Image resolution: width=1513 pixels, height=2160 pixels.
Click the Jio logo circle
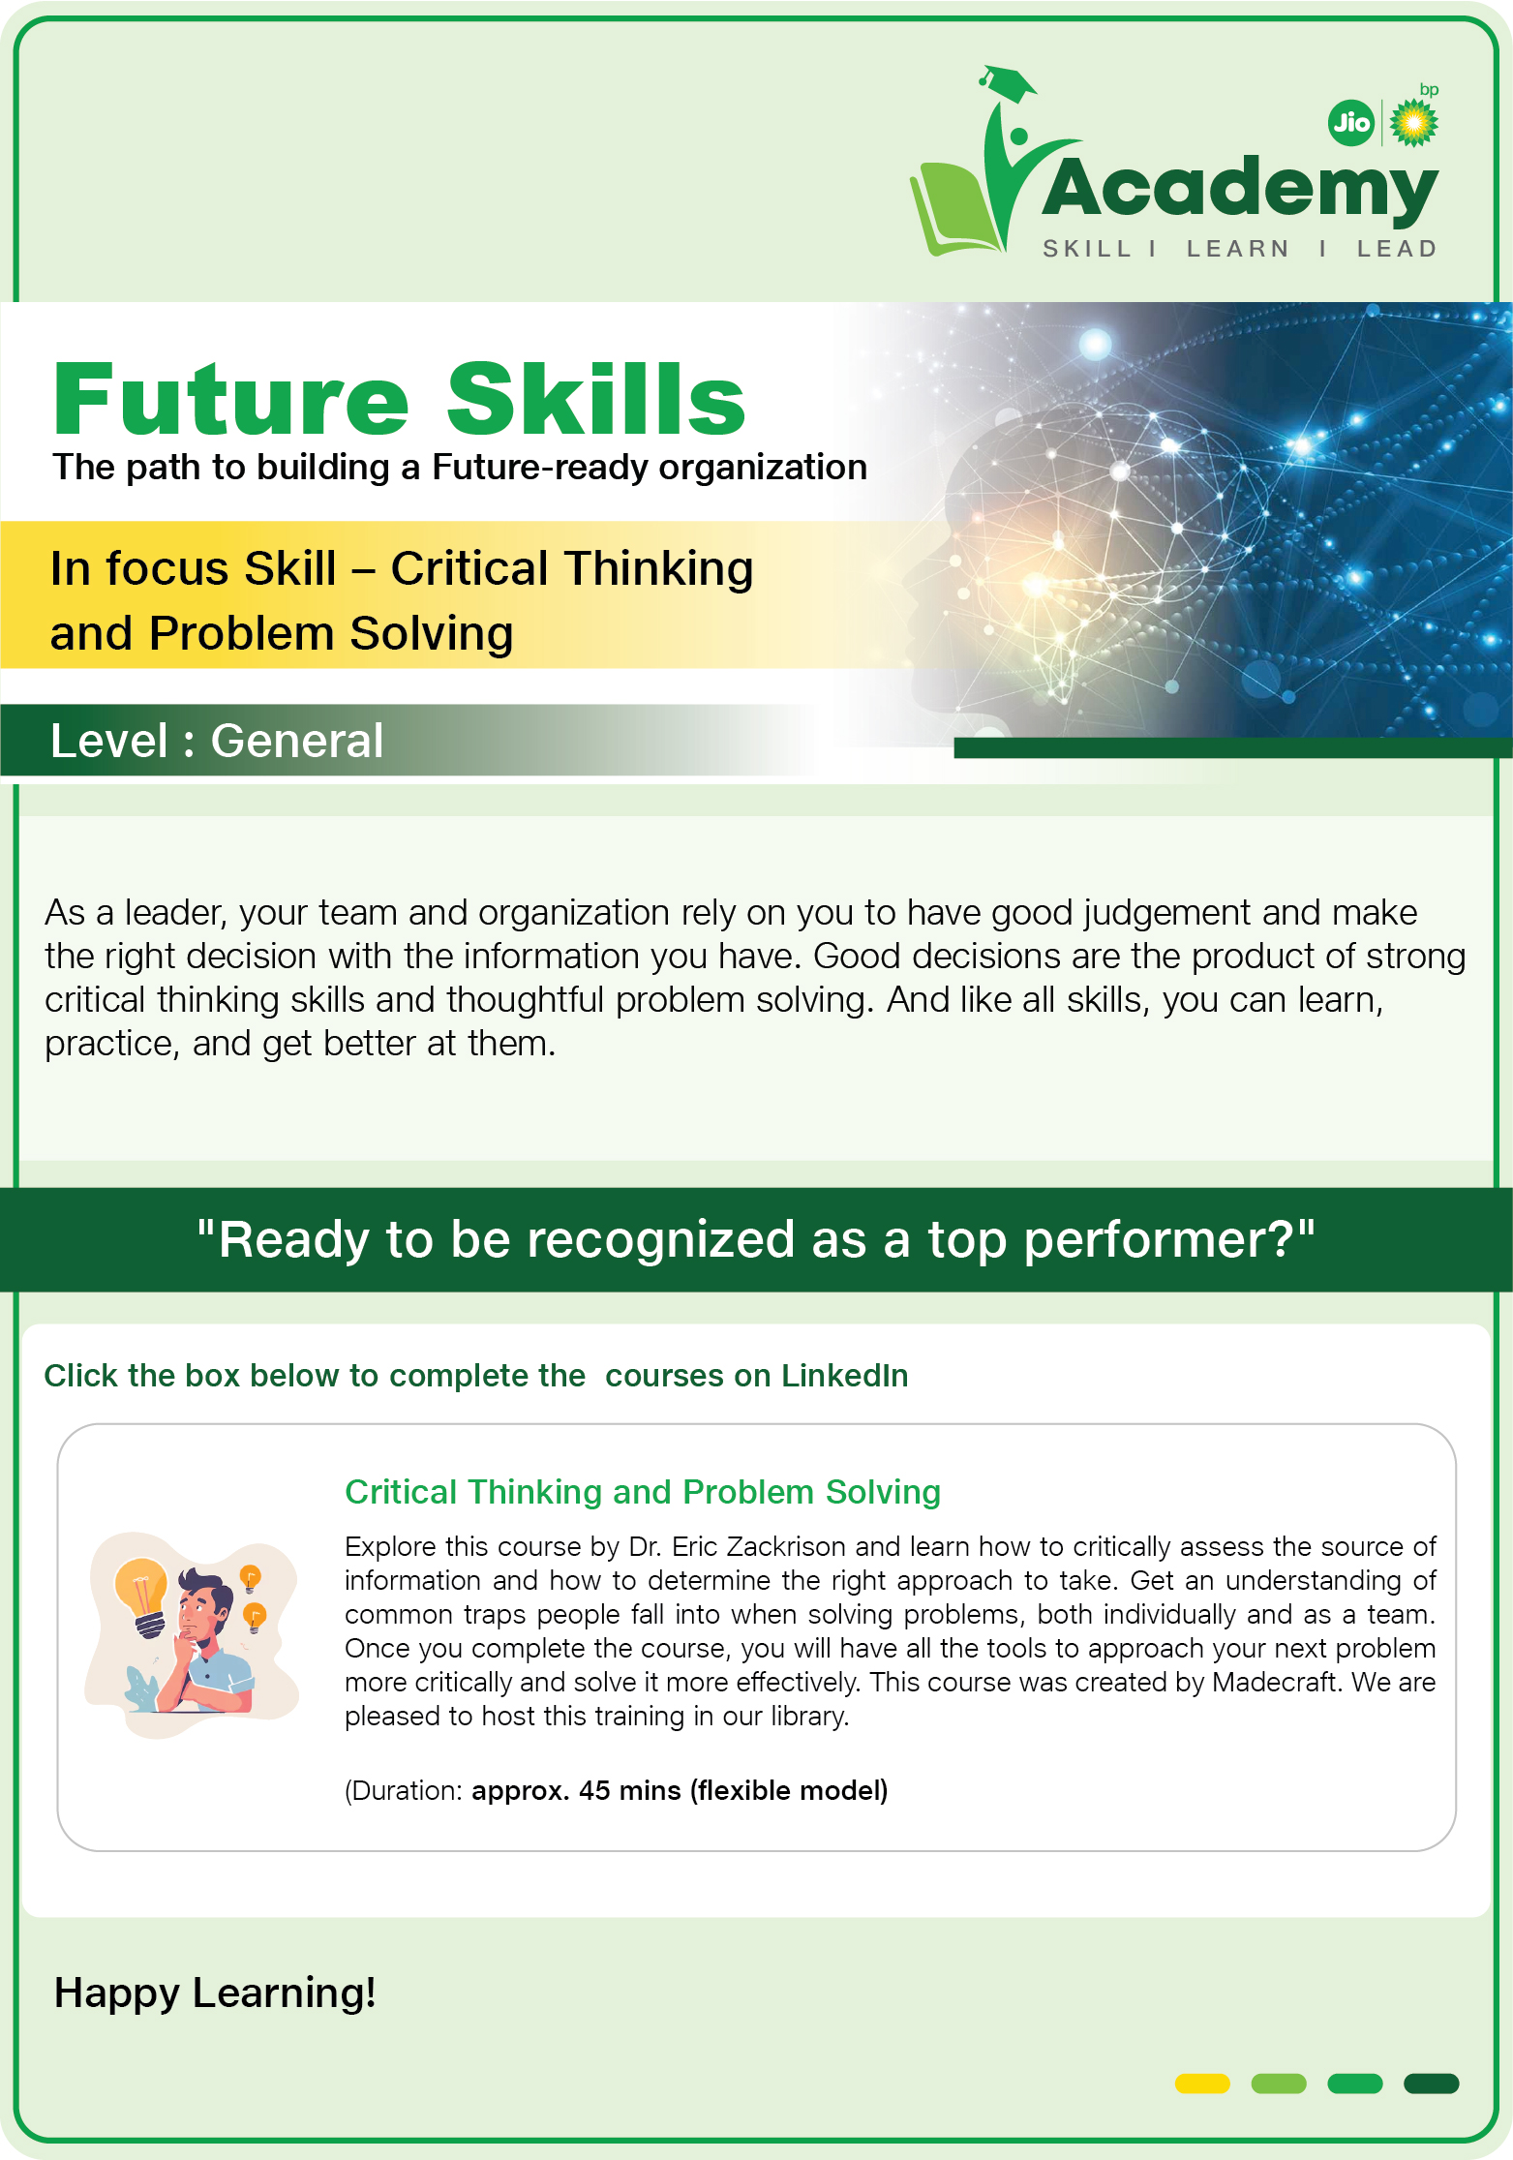(1351, 123)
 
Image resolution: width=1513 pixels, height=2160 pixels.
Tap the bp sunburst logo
(1414, 123)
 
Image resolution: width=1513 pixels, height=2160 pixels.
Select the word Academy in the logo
(1240, 188)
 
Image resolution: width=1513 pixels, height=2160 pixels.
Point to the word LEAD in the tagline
(1397, 249)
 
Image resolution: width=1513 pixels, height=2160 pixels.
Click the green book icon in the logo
(957, 209)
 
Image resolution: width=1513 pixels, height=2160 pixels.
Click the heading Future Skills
(400, 399)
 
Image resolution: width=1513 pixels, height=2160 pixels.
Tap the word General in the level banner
(297, 741)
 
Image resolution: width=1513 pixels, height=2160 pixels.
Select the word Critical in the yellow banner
(469, 568)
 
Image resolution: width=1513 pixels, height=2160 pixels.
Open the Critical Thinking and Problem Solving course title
(643, 1492)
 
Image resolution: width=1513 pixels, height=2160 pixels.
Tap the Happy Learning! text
(215, 1993)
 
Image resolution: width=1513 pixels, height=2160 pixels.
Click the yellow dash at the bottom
(1202, 2084)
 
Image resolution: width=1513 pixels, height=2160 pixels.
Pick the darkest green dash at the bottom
(1431, 2084)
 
